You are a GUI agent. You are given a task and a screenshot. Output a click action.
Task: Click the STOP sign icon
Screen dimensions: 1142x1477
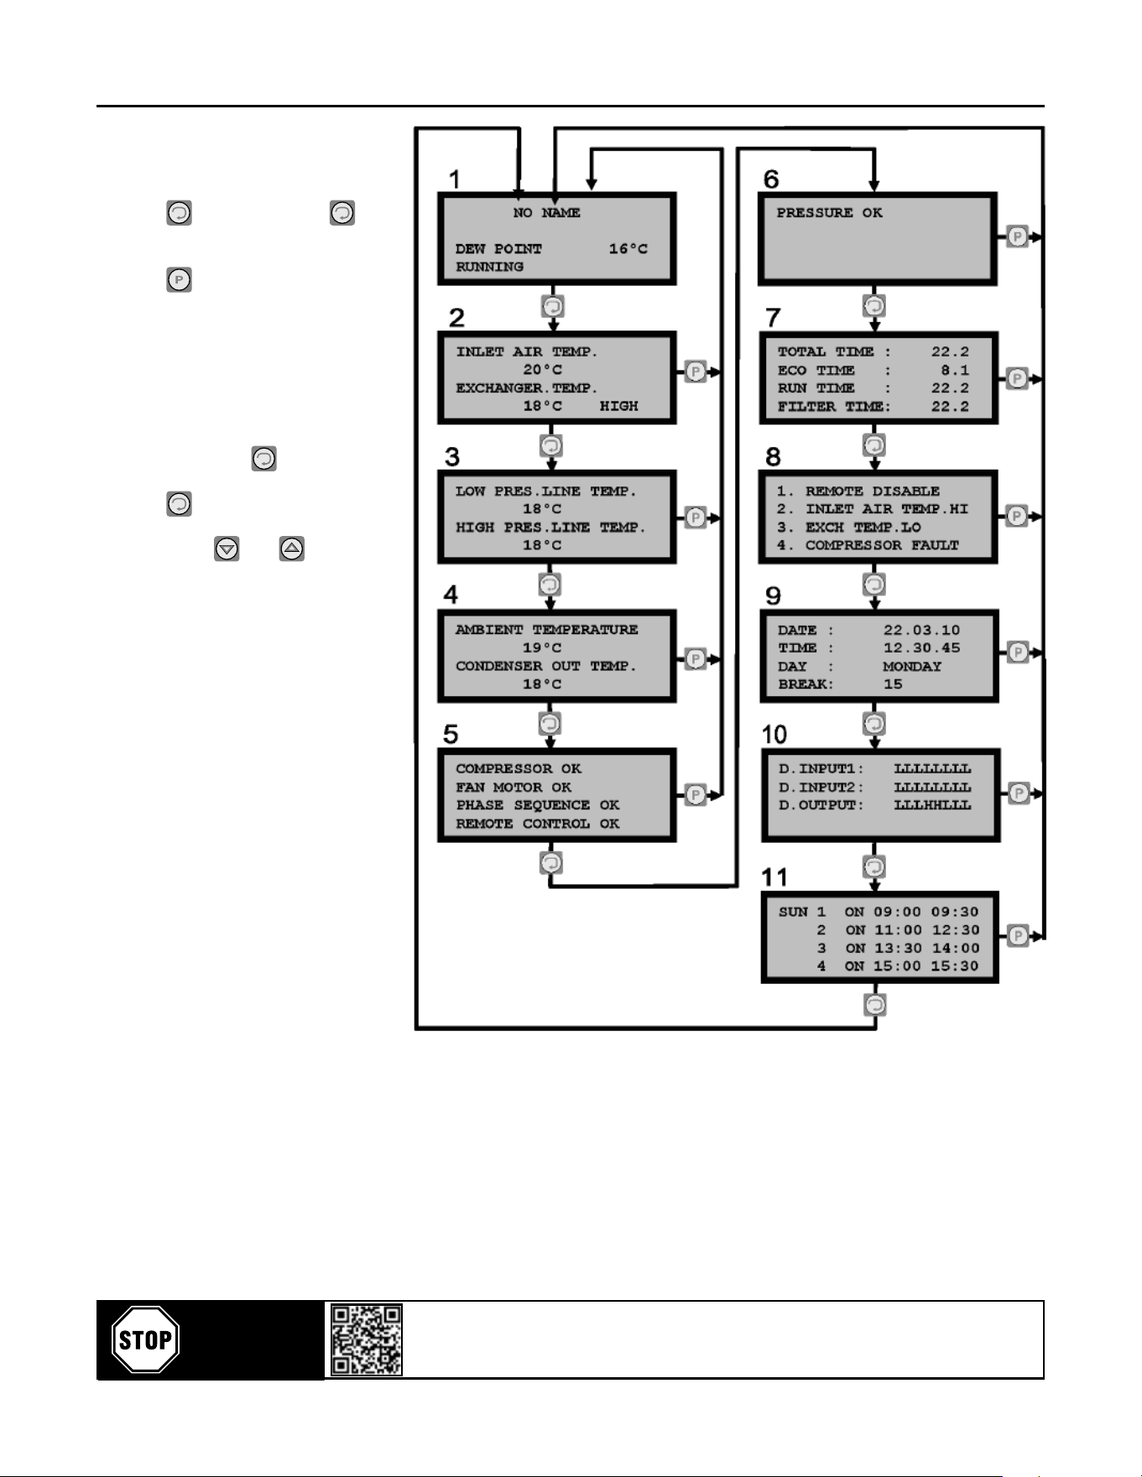pos(145,1339)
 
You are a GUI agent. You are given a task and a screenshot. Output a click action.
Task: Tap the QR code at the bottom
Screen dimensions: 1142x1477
pos(366,1339)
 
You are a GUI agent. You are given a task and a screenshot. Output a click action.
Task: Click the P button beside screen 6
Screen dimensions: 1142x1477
pos(1017,237)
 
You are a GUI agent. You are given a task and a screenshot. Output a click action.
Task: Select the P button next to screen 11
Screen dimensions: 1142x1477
pos(1018,935)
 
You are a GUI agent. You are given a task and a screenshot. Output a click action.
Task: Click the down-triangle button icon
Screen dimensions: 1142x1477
pos(227,549)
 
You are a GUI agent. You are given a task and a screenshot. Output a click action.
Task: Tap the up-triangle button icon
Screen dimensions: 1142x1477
pos(291,549)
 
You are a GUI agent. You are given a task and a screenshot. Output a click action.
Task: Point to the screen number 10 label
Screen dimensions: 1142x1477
pos(774,735)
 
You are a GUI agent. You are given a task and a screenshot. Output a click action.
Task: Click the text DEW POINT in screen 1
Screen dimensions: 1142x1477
pos(498,249)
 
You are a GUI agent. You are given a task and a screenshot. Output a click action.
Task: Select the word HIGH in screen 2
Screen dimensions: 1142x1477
pos(618,406)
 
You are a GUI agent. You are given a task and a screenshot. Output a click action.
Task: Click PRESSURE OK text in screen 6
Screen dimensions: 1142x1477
pos(829,213)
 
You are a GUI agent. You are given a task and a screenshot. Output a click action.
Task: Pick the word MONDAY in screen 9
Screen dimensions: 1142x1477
pos(912,666)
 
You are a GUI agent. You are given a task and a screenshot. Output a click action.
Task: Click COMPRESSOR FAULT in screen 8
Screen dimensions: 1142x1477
pos(882,545)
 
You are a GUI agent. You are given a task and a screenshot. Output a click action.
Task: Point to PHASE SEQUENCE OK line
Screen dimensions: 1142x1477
pos(538,805)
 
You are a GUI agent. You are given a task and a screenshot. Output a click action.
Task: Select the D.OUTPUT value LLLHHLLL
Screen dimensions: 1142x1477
pos(932,805)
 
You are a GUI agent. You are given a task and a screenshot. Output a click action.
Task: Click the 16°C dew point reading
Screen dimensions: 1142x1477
pos(628,249)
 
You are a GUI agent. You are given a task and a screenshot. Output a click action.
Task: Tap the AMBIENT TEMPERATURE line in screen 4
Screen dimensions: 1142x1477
pos(546,630)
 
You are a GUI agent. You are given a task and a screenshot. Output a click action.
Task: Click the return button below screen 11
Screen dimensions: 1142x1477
pos(875,1004)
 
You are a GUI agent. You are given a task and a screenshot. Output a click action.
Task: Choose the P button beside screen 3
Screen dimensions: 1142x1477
pos(696,517)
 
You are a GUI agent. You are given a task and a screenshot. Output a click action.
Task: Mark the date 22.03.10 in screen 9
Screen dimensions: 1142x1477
pos(921,630)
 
